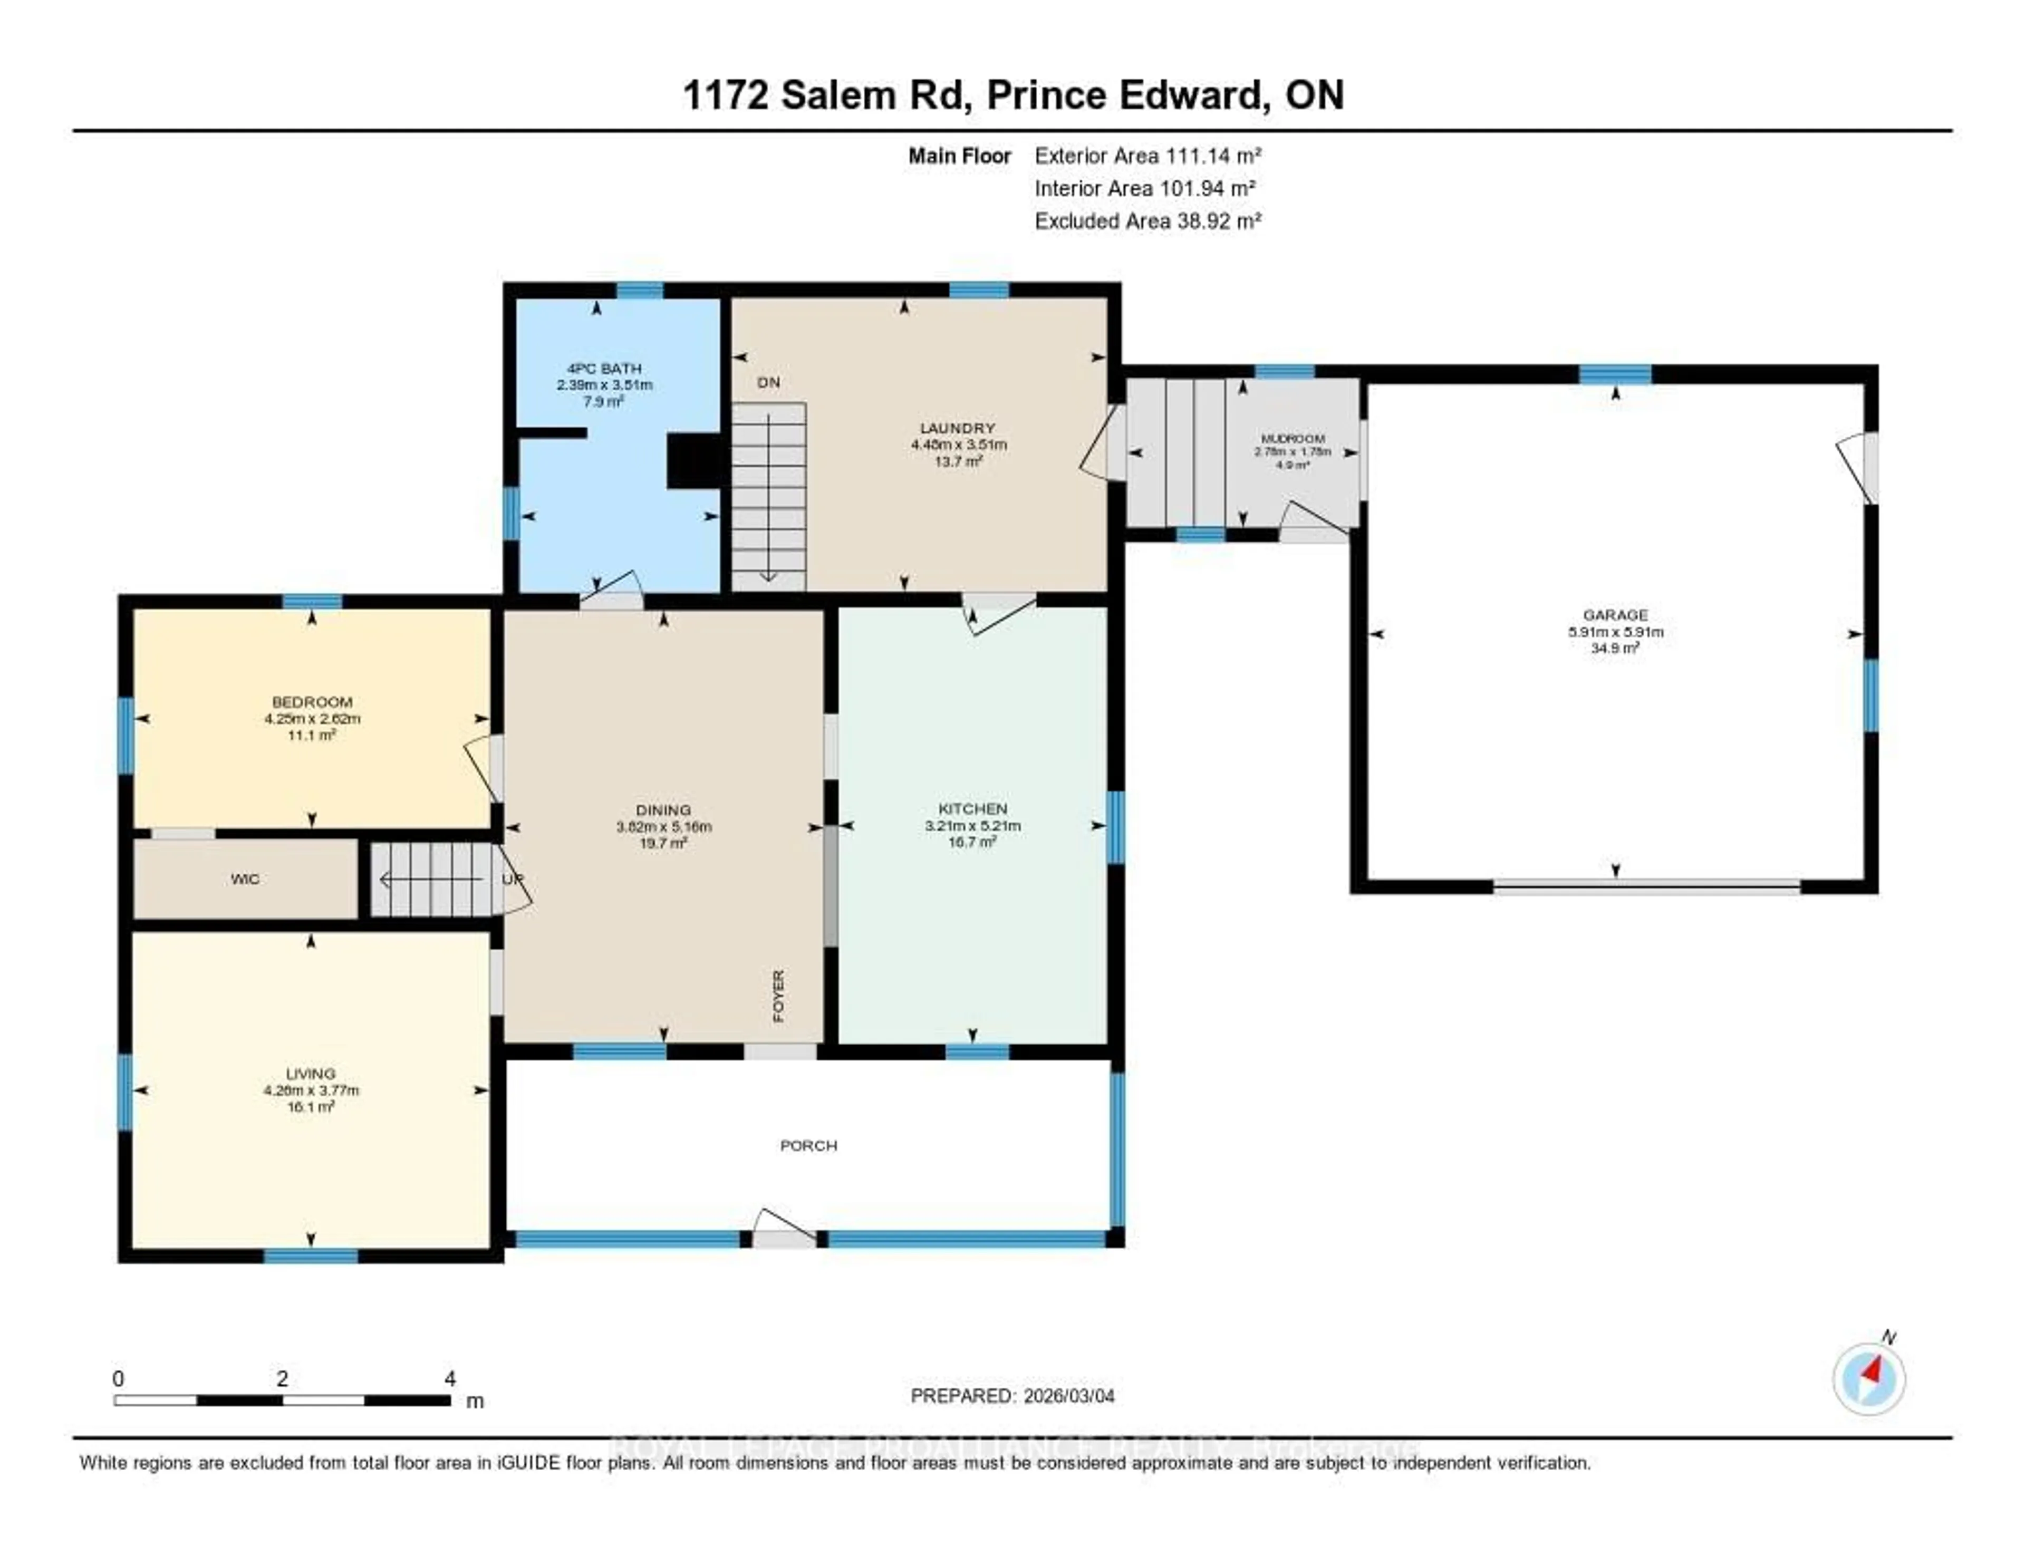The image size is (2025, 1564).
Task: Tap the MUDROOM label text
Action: tap(1293, 439)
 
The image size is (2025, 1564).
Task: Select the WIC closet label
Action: tap(245, 879)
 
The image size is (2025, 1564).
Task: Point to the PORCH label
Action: tap(808, 1146)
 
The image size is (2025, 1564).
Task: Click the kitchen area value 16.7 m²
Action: tap(972, 842)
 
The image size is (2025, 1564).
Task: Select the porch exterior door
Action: tap(784, 1230)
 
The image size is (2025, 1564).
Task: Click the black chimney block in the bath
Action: tap(692, 461)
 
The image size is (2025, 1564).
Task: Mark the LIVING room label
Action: tap(311, 1074)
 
